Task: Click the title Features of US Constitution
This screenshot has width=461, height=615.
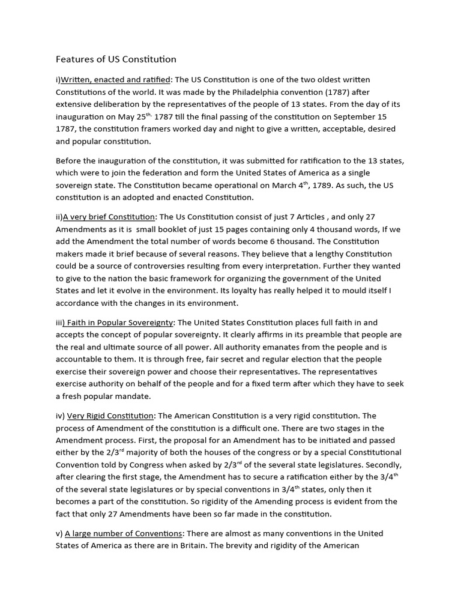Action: point(116,59)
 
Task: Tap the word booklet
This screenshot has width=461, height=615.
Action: point(187,229)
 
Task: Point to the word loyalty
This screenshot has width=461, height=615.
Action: point(260,291)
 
